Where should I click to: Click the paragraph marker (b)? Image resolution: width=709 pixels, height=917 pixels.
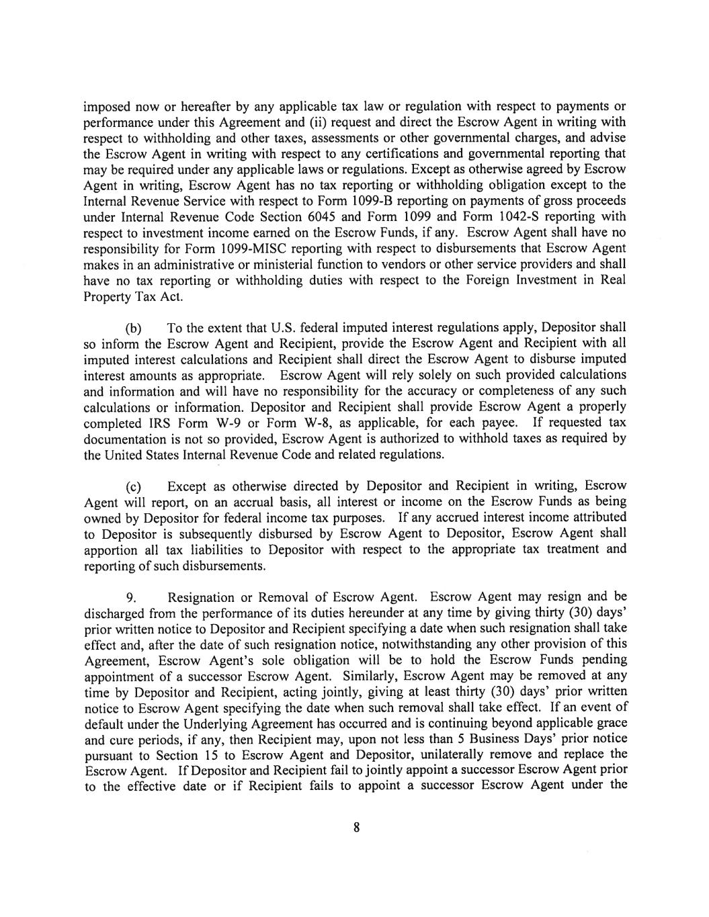point(134,329)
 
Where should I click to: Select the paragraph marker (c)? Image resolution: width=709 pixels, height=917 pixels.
point(134,486)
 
